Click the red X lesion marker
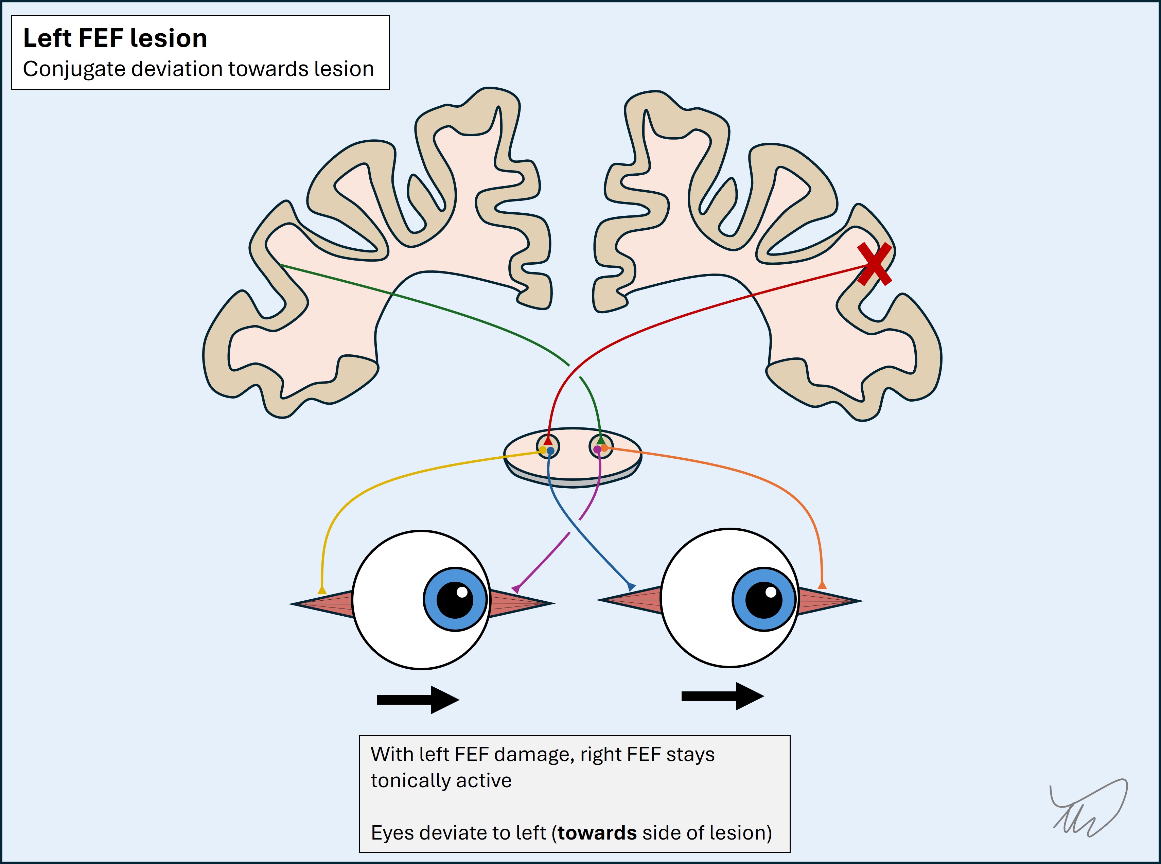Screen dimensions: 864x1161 tap(874, 264)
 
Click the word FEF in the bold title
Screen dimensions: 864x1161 tap(101, 38)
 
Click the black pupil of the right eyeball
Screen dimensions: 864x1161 tap(763, 599)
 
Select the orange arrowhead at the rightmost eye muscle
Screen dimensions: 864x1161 tap(822, 585)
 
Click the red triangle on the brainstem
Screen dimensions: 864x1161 tap(548, 441)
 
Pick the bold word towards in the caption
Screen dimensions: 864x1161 tap(597, 833)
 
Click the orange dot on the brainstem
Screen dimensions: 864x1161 tap(604, 448)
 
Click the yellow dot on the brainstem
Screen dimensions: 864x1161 tap(543, 450)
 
